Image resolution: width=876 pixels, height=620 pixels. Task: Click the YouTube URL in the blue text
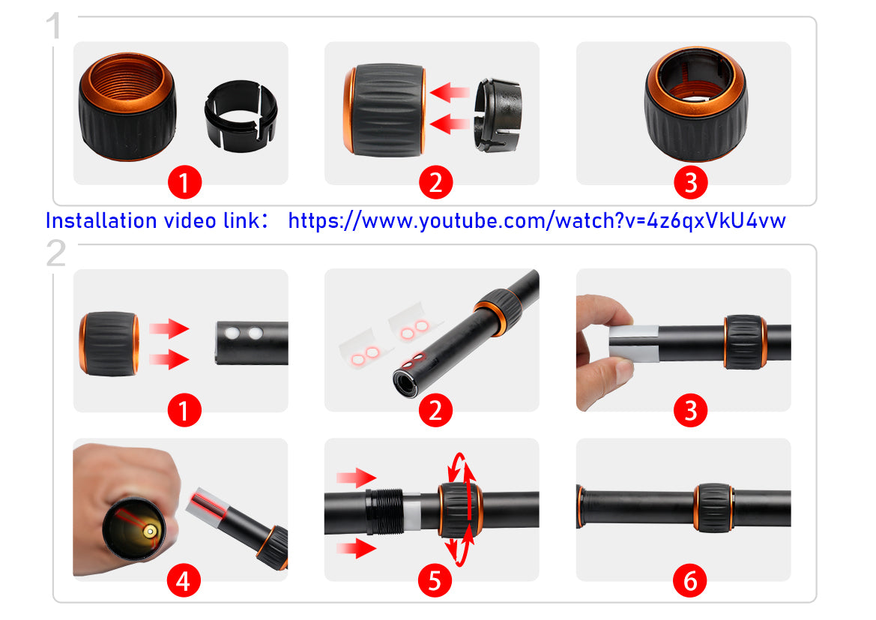[x=537, y=221]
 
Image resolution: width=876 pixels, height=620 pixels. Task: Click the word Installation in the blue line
[x=101, y=221]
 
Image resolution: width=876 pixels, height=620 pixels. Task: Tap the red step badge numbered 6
[x=690, y=581]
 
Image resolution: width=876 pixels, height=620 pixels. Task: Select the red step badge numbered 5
[x=435, y=581]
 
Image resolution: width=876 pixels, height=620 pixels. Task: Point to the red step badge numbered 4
[x=184, y=581]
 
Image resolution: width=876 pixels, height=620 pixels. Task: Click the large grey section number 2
[x=56, y=254]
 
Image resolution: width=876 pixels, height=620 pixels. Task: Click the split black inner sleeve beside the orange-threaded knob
[x=241, y=115]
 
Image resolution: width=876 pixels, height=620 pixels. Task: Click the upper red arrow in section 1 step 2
[x=450, y=92]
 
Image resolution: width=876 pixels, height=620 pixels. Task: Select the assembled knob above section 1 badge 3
[x=695, y=104]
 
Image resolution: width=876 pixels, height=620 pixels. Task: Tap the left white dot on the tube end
[x=232, y=333]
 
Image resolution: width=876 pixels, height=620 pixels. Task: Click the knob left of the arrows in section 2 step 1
[x=109, y=344]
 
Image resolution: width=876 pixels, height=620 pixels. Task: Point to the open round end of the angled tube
[x=405, y=383]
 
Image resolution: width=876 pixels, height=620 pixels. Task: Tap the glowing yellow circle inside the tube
[x=150, y=531]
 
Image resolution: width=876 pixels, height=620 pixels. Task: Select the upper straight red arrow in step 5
[x=356, y=478]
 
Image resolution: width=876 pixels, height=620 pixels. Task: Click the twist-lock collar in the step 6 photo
[x=713, y=507]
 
